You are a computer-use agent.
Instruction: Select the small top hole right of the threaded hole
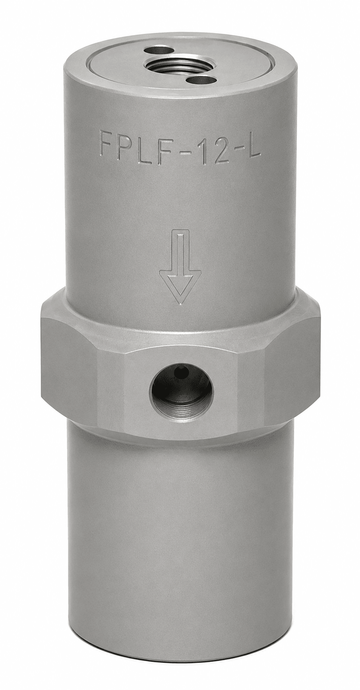201,80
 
